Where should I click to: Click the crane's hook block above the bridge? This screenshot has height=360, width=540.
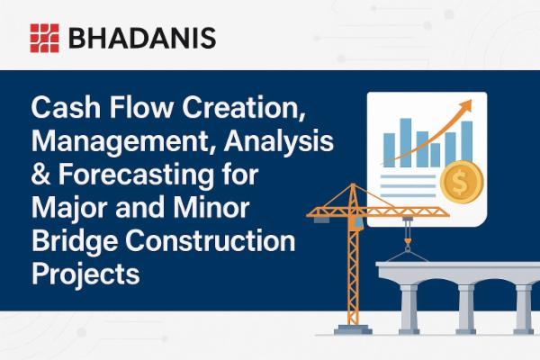coord(409,244)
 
